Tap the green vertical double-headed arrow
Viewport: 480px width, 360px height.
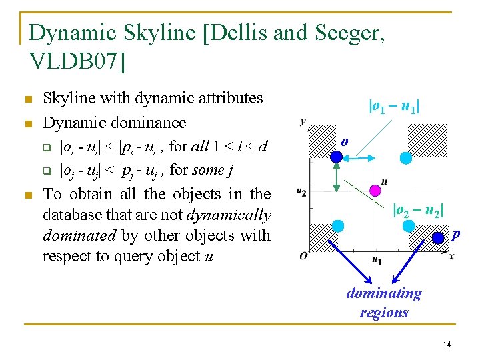pyautogui.click(x=337, y=177)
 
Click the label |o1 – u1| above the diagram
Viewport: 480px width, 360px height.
pyautogui.click(x=393, y=105)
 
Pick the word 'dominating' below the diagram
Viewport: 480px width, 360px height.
pyautogui.click(x=384, y=293)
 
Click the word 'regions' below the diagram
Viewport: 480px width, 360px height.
pyautogui.click(x=384, y=312)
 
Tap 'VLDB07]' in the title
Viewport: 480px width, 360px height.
pyautogui.click(x=77, y=61)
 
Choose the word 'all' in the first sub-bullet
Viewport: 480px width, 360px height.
pyautogui.click(x=201, y=145)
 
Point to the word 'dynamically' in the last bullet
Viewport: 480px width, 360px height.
pyautogui.click(x=230, y=215)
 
